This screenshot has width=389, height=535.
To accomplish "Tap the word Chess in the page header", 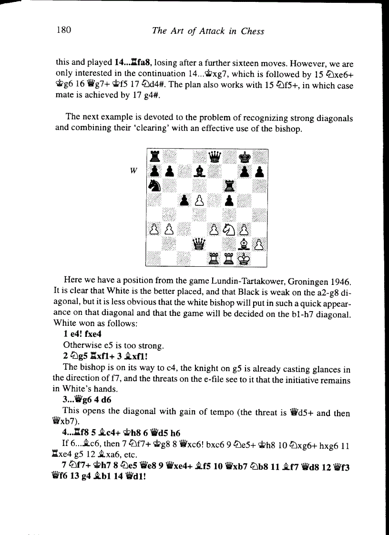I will point(253,31).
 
